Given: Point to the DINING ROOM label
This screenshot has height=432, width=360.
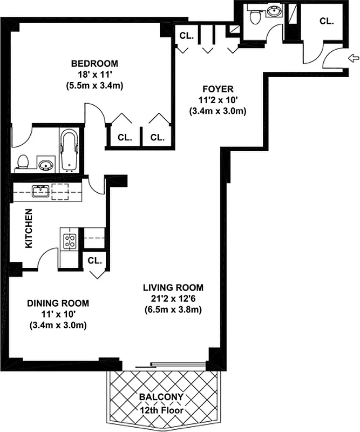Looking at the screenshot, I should point(58,303).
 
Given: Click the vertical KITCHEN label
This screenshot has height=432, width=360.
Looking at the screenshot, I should point(29,229).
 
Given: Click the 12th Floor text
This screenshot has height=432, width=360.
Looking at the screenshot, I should point(161,410).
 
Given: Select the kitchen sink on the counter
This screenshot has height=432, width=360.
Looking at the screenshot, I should point(41,191).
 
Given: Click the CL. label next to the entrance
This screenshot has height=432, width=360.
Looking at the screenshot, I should point(326,22).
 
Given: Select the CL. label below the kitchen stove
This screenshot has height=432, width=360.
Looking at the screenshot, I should point(95,260).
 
